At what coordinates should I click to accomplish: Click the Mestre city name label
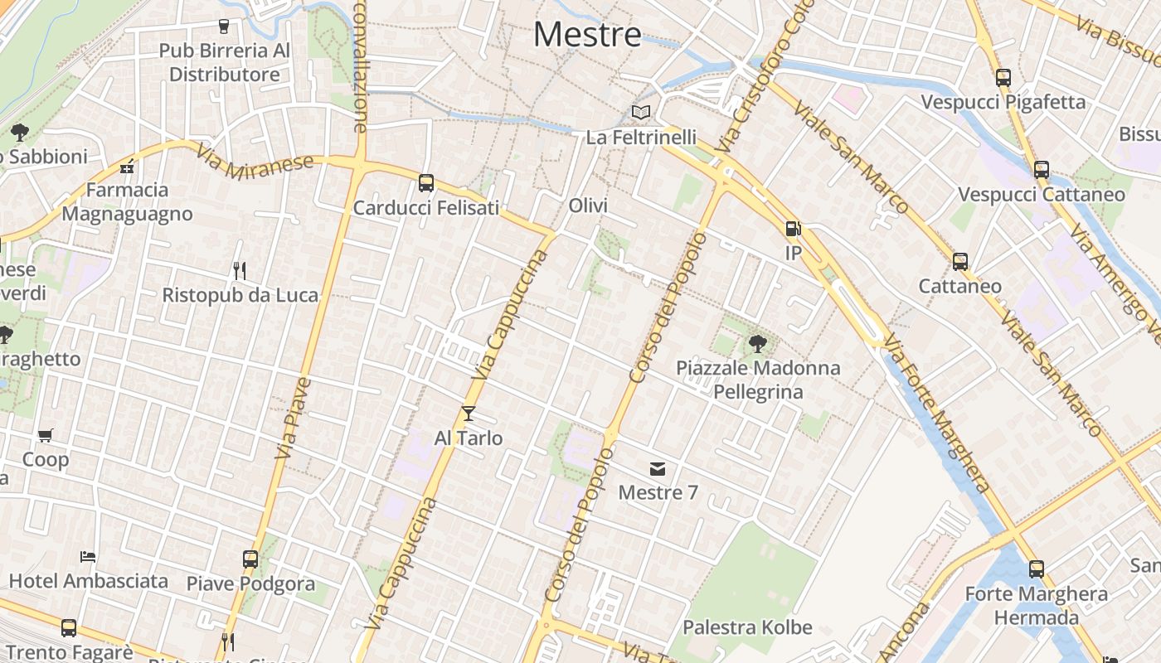pyautogui.click(x=587, y=35)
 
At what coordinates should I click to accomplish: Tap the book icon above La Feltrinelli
pyautogui.click(x=640, y=112)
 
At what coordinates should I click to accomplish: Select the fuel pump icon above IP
pyautogui.click(x=793, y=228)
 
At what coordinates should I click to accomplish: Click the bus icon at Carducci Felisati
pyautogui.click(x=426, y=183)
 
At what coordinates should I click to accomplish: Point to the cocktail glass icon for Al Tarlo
pyautogui.click(x=469, y=413)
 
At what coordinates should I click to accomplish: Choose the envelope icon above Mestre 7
pyautogui.click(x=658, y=469)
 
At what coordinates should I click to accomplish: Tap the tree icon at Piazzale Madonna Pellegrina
pyautogui.click(x=757, y=343)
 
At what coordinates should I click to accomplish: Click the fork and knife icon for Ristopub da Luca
pyautogui.click(x=240, y=270)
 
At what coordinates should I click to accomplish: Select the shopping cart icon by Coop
pyautogui.click(x=46, y=435)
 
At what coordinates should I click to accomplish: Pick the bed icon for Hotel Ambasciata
pyautogui.click(x=88, y=556)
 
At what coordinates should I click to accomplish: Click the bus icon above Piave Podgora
pyautogui.click(x=250, y=559)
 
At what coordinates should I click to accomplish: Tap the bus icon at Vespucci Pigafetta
pyautogui.click(x=1003, y=78)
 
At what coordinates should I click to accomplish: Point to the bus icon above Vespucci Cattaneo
pyautogui.click(x=1042, y=170)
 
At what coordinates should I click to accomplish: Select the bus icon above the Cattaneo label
pyautogui.click(x=960, y=262)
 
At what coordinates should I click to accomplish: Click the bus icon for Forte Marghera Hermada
pyautogui.click(x=1037, y=569)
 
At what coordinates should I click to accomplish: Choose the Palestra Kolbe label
pyautogui.click(x=747, y=627)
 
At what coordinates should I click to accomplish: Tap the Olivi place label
pyautogui.click(x=588, y=206)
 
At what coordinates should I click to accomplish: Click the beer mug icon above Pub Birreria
pyautogui.click(x=223, y=27)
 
